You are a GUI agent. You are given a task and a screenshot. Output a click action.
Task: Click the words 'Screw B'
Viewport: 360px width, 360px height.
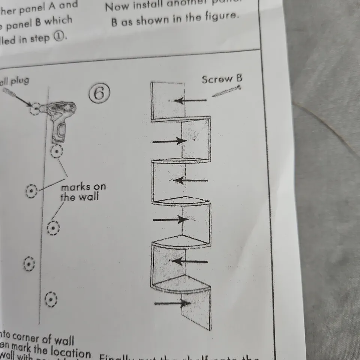[x=222, y=79]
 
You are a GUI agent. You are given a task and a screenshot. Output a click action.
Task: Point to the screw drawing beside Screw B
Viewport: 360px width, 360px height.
[x=226, y=91]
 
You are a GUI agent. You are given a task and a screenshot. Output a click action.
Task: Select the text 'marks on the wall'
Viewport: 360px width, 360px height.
[x=83, y=191]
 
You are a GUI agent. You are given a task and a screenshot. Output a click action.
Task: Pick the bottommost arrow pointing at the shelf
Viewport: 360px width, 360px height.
[x=171, y=303]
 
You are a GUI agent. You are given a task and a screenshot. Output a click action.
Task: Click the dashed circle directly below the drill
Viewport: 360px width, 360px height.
[x=57, y=151]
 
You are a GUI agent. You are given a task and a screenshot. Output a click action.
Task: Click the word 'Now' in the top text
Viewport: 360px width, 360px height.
[x=115, y=6]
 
